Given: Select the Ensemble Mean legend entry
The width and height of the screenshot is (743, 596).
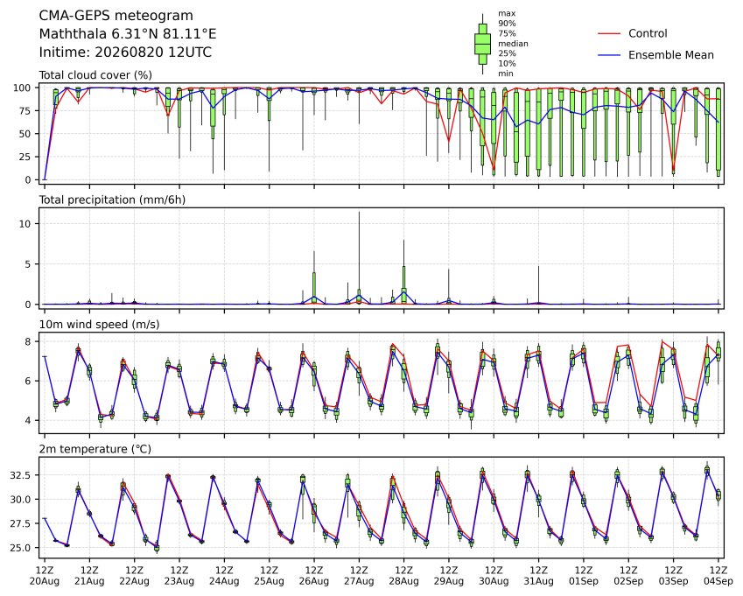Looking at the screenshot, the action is (655, 55).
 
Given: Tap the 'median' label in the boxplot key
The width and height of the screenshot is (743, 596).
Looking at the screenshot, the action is (513, 44).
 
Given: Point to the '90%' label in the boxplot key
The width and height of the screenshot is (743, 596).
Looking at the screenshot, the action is (507, 24).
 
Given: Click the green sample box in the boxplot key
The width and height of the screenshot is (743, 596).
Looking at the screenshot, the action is (482, 44).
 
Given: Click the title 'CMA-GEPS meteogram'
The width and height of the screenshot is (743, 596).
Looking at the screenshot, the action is (116, 16).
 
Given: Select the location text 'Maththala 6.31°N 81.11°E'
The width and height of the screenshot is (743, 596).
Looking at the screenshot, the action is (128, 34).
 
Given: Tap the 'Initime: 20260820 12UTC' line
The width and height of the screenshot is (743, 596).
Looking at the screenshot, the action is (125, 53).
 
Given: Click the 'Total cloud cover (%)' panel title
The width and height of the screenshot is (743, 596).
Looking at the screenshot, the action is (95, 75).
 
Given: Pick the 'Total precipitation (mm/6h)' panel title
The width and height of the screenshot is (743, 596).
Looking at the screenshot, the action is (112, 200).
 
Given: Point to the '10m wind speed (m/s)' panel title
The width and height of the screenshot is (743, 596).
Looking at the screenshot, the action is (99, 325).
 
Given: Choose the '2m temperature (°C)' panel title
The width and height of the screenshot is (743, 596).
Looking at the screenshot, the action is (95, 449).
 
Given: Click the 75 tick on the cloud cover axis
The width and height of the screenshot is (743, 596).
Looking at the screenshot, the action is (25, 111).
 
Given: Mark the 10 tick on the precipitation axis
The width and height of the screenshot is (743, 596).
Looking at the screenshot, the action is (25, 224).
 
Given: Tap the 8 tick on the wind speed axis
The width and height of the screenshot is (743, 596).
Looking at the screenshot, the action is (28, 341).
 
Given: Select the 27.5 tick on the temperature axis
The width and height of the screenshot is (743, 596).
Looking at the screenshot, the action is (21, 523).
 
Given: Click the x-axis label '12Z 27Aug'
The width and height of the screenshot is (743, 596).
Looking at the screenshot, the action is (359, 576).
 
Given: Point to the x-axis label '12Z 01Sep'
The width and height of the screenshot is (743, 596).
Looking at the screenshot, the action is (584, 576).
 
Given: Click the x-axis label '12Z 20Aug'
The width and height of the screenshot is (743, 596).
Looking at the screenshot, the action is (45, 576).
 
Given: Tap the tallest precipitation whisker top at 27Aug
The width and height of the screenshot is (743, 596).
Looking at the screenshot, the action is (359, 212).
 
